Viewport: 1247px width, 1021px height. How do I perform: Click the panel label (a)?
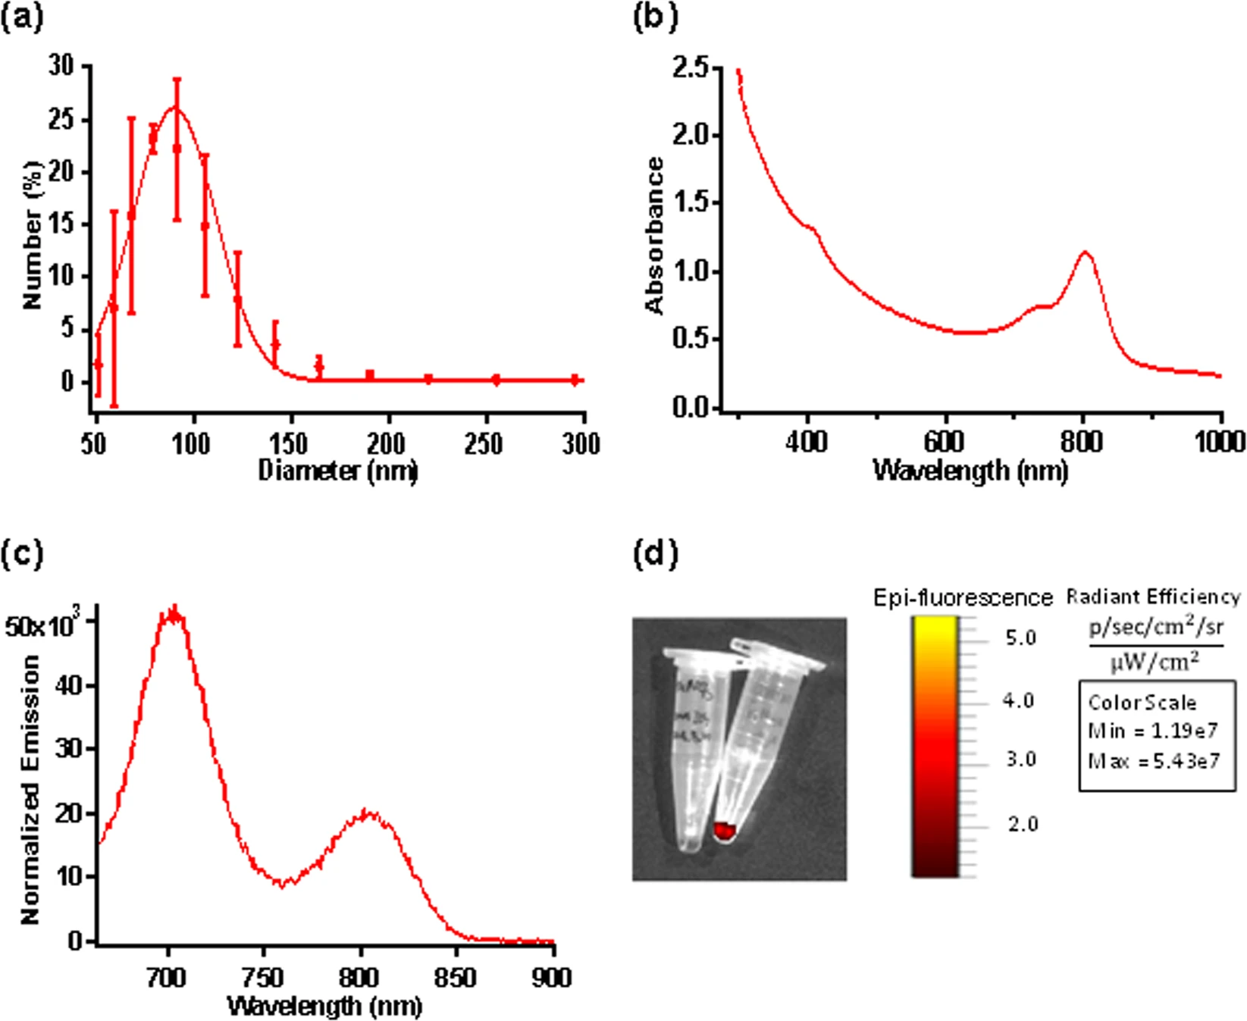pos(22,17)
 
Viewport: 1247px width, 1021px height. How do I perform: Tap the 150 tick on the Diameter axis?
pos(288,443)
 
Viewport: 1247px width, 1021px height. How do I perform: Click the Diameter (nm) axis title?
pos(338,471)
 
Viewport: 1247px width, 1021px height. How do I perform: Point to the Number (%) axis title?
pos(32,236)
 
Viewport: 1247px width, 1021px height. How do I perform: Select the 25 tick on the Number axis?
pos(61,120)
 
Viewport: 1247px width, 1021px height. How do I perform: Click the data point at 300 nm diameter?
pos(575,380)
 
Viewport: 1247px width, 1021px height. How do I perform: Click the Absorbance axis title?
pos(654,236)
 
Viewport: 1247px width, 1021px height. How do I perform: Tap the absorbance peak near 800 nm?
pos(1086,252)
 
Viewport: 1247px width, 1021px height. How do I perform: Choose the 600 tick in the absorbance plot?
pos(945,440)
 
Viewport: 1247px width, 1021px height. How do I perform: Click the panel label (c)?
pos(22,554)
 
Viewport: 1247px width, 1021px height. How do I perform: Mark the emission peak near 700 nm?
pos(174,614)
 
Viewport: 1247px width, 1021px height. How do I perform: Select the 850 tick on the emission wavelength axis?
pos(456,978)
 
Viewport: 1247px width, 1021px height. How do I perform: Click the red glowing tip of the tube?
pos(725,832)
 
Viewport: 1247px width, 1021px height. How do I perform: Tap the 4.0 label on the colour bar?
pos(1018,700)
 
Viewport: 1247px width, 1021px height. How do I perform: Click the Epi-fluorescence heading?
pos(963,598)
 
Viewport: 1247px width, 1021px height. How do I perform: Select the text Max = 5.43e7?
pos(1154,760)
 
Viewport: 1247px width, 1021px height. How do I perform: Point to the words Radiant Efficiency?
pos(1153,597)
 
